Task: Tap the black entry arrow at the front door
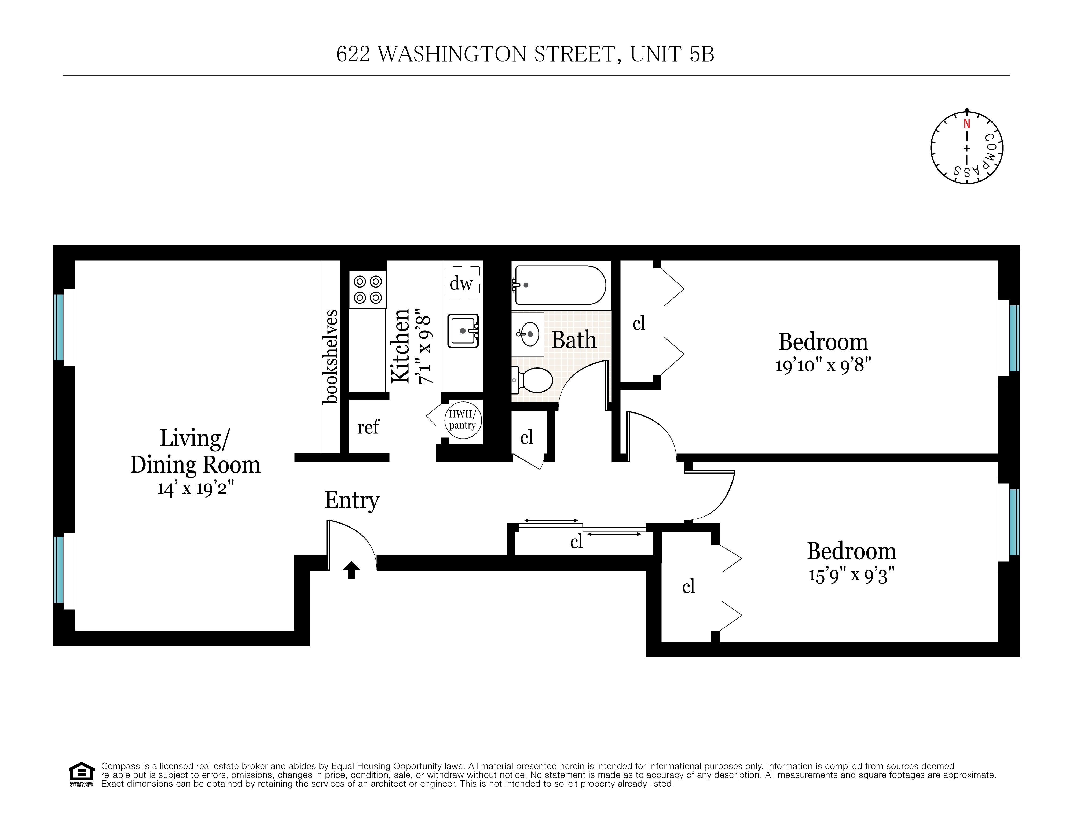351,570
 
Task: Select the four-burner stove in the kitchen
368,290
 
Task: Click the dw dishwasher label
461,283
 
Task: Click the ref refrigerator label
368,427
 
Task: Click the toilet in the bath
534,380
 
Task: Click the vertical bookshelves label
331,357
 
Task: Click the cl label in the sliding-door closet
576,542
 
